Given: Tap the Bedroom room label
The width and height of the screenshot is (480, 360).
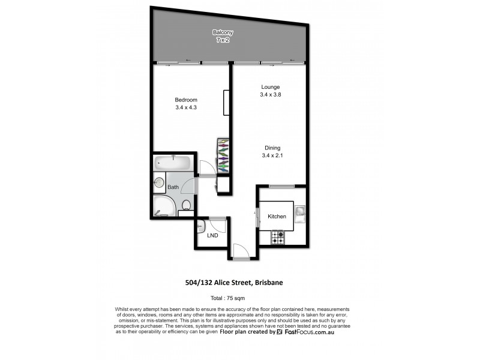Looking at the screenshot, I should tap(186, 100).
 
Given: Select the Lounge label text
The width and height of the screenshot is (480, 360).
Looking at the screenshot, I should tap(271, 87).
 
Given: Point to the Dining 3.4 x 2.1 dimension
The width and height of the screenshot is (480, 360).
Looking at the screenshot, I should tap(271, 156).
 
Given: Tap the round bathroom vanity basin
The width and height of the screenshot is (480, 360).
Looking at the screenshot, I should tap(160, 183).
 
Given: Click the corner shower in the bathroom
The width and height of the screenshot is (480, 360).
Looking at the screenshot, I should tap(163, 206).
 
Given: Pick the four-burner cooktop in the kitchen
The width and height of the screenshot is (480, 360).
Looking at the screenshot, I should tap(277, 238).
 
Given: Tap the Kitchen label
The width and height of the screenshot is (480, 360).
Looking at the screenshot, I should tap(277, 217).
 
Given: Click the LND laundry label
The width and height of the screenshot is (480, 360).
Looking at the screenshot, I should tap(212, 235).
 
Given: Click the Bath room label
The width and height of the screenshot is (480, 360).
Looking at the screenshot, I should tap(173, 187).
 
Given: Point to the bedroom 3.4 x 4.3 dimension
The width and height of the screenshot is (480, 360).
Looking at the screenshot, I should tap(186, 107).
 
